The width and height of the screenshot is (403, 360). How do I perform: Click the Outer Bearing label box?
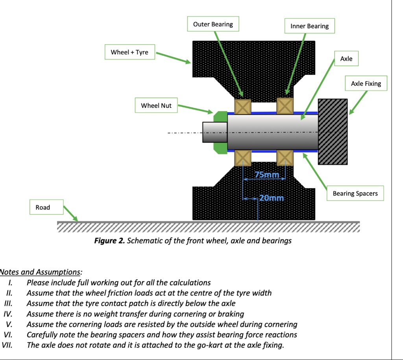click(213, 24)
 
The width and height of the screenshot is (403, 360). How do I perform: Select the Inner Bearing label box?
click(309, 26)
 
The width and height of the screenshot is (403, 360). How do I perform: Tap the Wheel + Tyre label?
click(130, 52)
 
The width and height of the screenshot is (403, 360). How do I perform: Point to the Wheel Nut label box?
click(156, 105)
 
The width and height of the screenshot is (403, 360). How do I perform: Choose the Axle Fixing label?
click(366, 83)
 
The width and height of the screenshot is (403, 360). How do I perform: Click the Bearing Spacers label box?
click(355, 193)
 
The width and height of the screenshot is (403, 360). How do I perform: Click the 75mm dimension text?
click(267, 175)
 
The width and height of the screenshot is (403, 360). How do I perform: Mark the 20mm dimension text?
click(272, 198)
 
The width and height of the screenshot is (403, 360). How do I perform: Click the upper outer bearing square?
click(242, 106)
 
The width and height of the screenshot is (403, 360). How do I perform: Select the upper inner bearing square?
click(285, 105)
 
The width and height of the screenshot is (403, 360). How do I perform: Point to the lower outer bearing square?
click(242, 158)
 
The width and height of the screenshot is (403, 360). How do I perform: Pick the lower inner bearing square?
click(285, 158)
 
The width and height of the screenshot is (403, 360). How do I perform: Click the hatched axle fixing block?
click(333, 131)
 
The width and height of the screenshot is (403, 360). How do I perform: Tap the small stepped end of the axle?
click(215, 132)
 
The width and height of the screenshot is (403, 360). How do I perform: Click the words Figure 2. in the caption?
click(109, 240)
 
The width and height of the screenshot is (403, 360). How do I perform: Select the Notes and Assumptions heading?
click(41, 272)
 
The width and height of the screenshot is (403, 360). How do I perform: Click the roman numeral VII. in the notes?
click(7, 345)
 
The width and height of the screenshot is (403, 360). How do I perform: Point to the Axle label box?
click(346, 58)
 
